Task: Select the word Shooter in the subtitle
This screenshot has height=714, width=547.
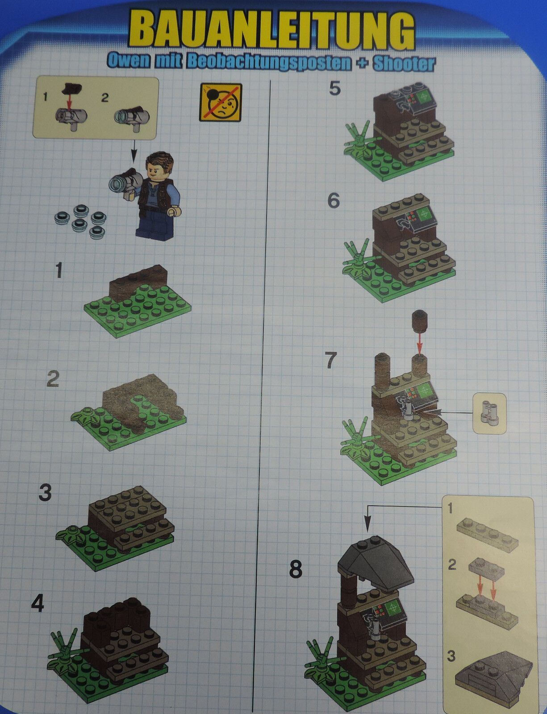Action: (404, 64)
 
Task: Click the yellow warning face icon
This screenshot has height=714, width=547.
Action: (221, 102)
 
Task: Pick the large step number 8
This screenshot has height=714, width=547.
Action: (295, 569)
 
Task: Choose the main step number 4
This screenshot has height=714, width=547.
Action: (37, 604)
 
